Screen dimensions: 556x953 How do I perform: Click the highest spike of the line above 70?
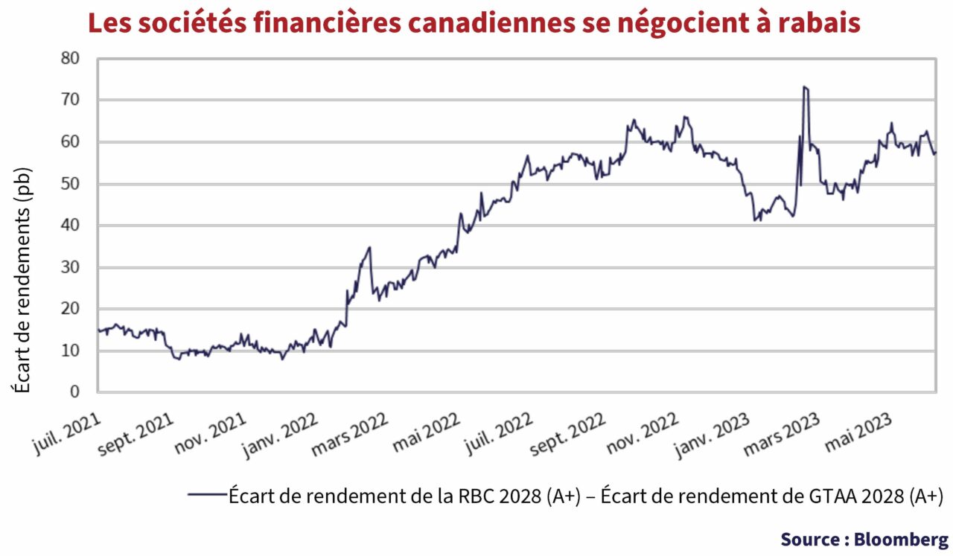tap(805, 88)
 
